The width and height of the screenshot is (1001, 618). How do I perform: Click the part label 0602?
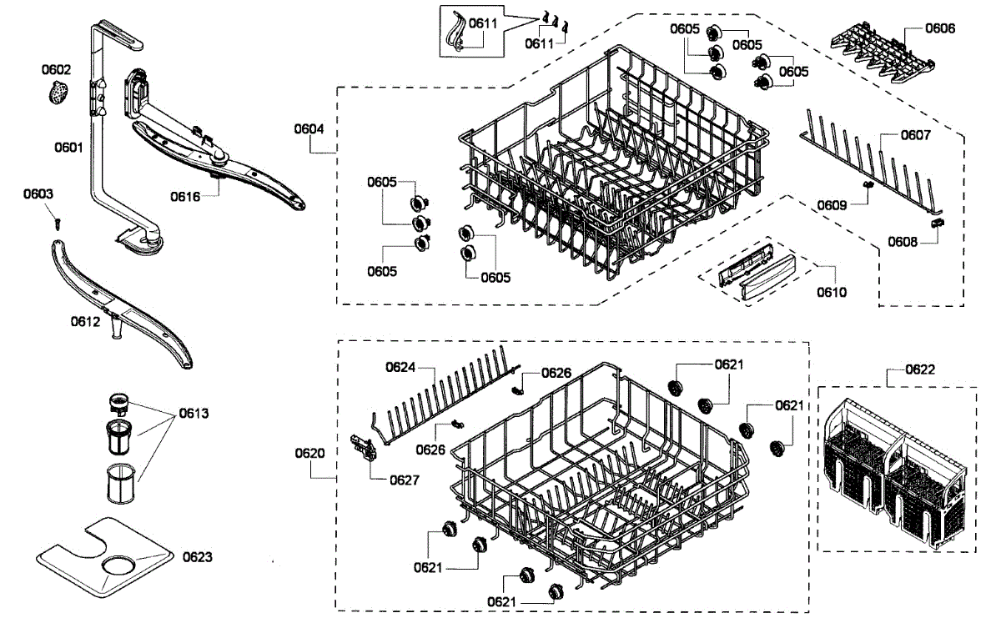(58, 70)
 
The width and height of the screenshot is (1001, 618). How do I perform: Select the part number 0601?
(68, 148)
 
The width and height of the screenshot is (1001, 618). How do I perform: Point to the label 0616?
(186, 197)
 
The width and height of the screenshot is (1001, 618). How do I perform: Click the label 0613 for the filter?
(193, 414)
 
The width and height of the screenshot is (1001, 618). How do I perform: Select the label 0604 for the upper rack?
(309, 129)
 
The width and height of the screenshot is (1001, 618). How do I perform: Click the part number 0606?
(940, 28)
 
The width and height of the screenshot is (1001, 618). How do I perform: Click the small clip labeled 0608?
(938, 221)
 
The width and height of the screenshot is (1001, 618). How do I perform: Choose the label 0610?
(832, 292)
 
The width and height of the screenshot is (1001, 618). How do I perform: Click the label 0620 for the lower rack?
(309, 453)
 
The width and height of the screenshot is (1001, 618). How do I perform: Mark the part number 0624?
(400, 367)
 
